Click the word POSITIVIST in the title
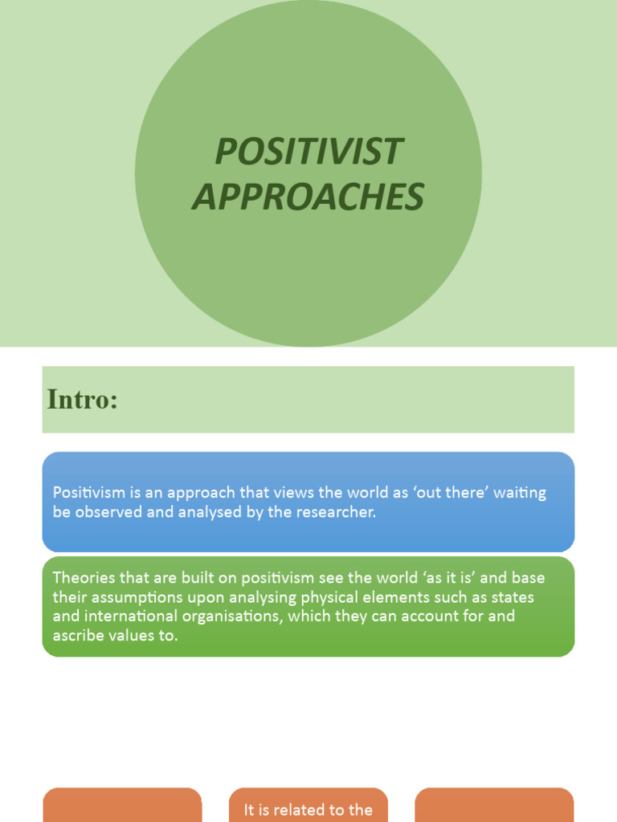[309, 152]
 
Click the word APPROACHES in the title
[308, 197]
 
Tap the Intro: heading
[83, 399]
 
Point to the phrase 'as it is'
[438, 577]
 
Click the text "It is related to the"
[308, 810]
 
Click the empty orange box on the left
[122, 806]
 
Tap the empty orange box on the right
[494, 806]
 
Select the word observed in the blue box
[105, 511]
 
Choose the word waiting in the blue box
[519, 492]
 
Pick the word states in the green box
[512, 597]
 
